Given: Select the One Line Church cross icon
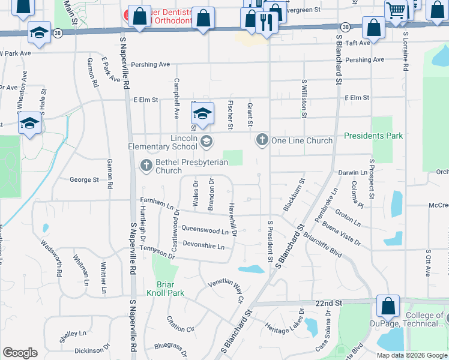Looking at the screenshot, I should pos(262,140).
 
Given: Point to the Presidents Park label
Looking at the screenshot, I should pos(373,136).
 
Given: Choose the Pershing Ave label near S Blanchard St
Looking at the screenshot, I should pos(364,60).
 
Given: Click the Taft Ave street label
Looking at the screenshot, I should pos(358,43).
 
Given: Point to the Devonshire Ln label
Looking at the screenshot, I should pos(203,247).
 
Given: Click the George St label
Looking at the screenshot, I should pos(84,179).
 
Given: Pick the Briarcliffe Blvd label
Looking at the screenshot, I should pos(322,244).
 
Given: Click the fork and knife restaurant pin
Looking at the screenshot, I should pos(265,22).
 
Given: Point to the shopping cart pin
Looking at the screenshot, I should pos(396,10).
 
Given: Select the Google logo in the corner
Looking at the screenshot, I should pos(20,353).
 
